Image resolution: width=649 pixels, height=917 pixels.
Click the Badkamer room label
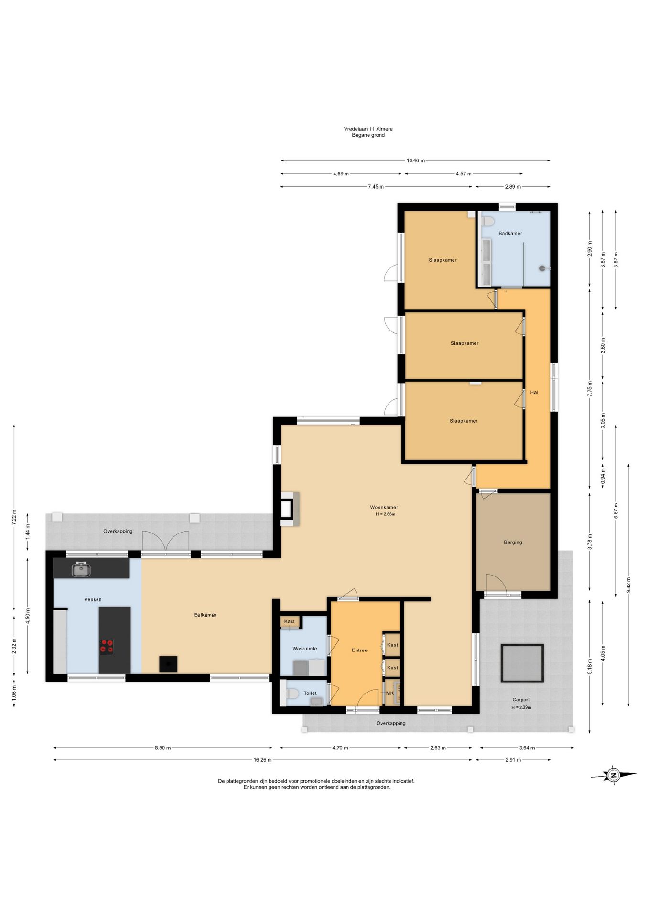[510, 233]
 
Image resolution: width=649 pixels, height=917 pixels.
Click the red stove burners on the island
[107, 646]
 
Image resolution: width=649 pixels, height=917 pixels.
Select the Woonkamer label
[384, 507]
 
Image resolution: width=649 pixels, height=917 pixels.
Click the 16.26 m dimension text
[263, 760]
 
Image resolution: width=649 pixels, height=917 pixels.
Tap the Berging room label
[513, 542]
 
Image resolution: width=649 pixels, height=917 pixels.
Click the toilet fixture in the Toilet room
[291, 693]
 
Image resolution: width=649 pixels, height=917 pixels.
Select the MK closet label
[390, 693]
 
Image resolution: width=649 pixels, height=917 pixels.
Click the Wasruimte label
[304, 649]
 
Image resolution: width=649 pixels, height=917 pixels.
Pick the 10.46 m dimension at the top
[415, 160]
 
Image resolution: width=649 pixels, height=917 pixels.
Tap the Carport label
[521, 700]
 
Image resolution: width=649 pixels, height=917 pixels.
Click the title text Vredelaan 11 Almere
[368, 129]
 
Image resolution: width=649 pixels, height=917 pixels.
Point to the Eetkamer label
[205, 615]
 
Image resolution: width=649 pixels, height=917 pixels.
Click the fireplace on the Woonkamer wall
[288, 509]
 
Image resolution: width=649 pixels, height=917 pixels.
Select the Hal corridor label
[534, 392]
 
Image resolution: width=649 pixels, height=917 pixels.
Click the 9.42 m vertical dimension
[628, 585]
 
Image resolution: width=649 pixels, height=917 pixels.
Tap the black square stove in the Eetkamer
[168, 664]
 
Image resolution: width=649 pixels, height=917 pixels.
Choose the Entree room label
[359, 650]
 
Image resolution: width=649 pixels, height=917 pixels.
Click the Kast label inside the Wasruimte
[290, 621]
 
